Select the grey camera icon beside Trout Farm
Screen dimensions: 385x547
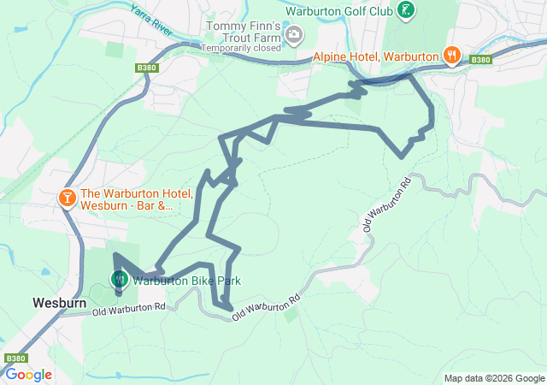(295, 35)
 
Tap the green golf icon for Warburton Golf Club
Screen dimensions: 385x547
(408, 10)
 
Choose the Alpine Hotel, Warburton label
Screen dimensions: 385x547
(375, 56)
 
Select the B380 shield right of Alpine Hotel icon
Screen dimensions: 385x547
(481, 60)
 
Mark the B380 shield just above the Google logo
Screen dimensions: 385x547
(16, 358)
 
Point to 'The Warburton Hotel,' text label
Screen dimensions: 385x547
(138, 193)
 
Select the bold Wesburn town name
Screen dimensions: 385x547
(56, 303)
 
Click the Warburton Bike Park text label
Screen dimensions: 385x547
(186, 280)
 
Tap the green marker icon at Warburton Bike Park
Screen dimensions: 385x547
(119, 278)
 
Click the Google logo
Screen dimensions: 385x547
(28, 375)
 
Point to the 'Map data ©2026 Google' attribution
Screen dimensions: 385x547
(494, 378)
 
